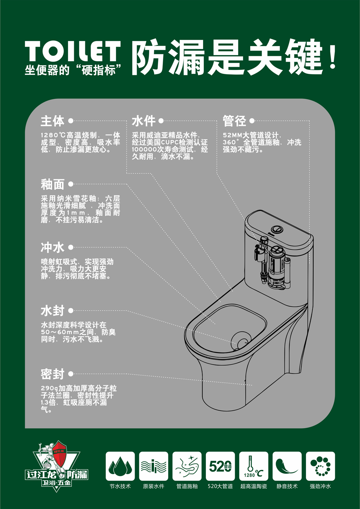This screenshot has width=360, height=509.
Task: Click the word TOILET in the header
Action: [x=73, y=52]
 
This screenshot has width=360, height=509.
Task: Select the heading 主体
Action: [x=53, y=121]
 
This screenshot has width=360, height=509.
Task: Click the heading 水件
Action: [x=144, y=121]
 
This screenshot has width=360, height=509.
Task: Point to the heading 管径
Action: [x=234, y=121]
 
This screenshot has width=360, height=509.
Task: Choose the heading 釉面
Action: [x=53, y=184]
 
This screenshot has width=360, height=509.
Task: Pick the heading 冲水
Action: [x=53, y=247]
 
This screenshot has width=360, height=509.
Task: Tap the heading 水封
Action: [x=53, y=311]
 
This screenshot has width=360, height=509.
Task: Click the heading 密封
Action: [x=53, y=374]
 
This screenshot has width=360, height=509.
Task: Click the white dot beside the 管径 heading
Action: [x=252, y=121]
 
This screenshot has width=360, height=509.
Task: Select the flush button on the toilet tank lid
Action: [x=278, y=229]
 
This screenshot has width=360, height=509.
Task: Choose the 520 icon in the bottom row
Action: [x=220, y=466]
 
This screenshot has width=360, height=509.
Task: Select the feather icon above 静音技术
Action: [x=287, y=466]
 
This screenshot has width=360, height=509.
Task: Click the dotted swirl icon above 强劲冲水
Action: [x=320, y=466]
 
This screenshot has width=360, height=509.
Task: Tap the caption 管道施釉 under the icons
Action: [x=187, y=486]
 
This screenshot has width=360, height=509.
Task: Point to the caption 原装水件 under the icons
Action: [x=153, y=486]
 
